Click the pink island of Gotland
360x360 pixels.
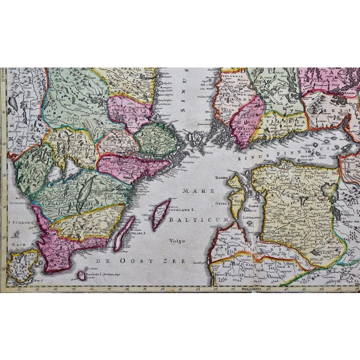161,213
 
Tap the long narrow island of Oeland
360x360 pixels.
124,233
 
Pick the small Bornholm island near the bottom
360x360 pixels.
82,275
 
